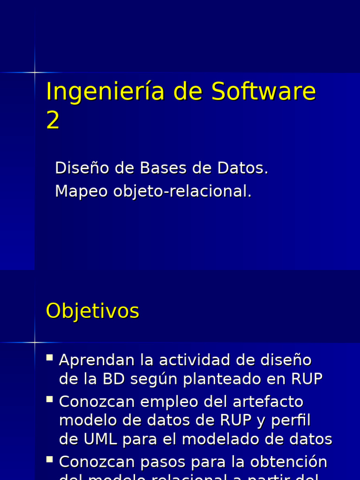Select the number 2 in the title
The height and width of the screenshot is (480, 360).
click(x=53, y=120)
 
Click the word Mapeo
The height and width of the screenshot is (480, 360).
click(x=82, y=191)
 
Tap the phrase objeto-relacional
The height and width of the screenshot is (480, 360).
click(x=182, y=191)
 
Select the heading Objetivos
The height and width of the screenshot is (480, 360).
click(x=92, y=311)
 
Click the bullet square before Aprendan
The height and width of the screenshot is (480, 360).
click(x=50, y=358)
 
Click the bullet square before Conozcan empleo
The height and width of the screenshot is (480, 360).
click(x=50, y=399)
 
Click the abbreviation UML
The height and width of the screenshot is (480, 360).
click(x=100, y=439)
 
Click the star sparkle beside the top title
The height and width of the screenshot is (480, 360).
click(x=35, y=72)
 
